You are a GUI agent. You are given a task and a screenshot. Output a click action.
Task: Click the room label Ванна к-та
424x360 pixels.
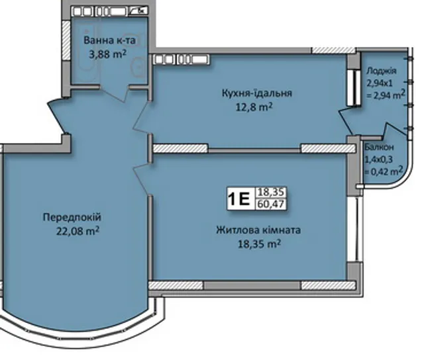pos(109,40)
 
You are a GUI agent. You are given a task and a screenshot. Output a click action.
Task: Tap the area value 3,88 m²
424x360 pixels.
pos(108,54)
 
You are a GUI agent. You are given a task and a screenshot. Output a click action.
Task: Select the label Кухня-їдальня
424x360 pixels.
pos(257,93)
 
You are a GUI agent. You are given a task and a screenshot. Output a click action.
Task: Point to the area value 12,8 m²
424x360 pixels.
pos(254,107)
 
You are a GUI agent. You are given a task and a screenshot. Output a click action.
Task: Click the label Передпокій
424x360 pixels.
pos(72,218)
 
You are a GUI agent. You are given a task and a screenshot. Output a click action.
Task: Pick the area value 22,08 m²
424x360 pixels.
pos(78,231)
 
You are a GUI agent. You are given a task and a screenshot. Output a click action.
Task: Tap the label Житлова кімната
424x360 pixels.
pos(258,230)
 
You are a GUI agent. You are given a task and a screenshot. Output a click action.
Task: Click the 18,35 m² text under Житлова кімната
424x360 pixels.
pos(259,244)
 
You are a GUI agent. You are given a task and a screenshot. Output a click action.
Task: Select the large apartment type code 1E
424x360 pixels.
pos(239,199)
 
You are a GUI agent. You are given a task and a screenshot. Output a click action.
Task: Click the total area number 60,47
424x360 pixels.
pos(271,204)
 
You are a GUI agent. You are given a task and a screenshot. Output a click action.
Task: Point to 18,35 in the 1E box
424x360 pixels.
pos(271,193)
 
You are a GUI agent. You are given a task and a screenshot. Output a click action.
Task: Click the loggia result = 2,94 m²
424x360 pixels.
pos(386,95)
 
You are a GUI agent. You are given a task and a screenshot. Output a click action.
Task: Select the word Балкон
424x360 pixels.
pos(379,148)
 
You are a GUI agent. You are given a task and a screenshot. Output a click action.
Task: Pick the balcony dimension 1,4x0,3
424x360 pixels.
pos(378,159)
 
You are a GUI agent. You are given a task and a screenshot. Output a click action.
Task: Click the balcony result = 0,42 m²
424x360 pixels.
pos(384,171)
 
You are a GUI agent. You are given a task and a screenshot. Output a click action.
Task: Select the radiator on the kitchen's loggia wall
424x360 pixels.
pos(354,88)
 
